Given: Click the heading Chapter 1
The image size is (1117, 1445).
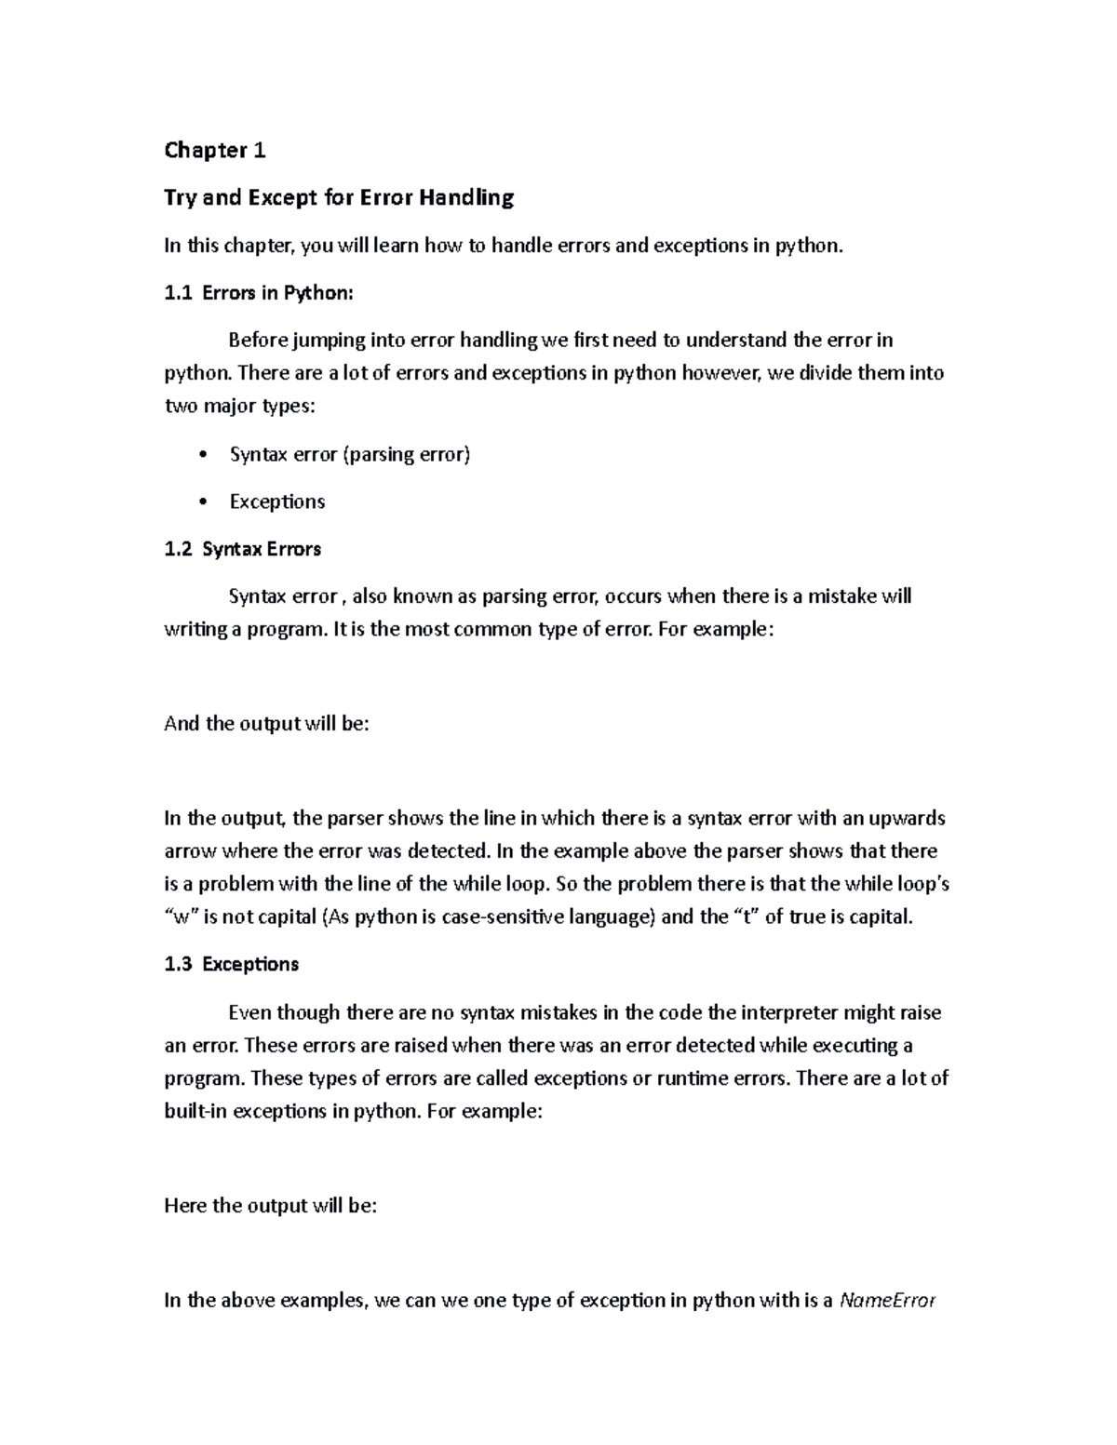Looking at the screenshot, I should pyautogui.click(x=215, y=150).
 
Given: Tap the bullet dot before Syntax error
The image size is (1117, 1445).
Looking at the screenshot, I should pyautogui.click(x=203, y=455).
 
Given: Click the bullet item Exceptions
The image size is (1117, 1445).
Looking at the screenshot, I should pyautogui.click(x=276, y=502).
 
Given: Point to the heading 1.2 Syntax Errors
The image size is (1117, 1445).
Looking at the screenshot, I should pyautogui.click(x=242, y=549).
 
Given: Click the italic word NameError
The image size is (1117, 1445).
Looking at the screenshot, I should pyautogui.click(x=887, y=1301).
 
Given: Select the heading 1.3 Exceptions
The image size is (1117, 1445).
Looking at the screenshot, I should pyautogui.click(x=231, y=964).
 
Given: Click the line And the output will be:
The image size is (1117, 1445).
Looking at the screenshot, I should pyautogui.click(x=266, y=724).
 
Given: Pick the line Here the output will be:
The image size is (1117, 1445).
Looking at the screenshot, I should pyautogui.click(x=270, y=1206).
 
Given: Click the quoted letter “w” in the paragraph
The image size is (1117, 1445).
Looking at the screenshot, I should pyautogui.click(x=182, y=917).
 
